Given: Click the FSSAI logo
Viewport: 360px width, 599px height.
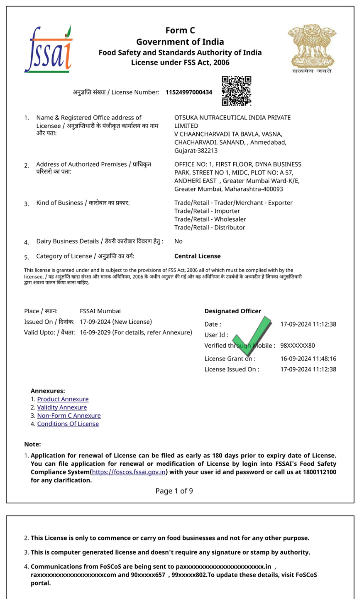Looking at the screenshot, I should tap(48, 49).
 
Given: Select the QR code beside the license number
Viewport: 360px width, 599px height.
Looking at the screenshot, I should tap(236, 91).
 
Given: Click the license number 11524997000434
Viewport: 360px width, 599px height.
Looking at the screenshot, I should tap(189, 92).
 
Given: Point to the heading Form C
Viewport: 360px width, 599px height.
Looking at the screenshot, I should tap(180, 31).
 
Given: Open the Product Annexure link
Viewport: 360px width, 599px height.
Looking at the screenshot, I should tap(63, 399).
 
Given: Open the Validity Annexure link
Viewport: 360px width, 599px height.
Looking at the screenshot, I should tap(62, 408).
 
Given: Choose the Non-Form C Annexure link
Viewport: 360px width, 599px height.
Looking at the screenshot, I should tap(69, 416).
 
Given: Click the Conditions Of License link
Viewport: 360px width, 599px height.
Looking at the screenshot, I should tap(68, 424).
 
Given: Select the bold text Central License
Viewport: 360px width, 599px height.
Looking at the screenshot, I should tap(197, 256).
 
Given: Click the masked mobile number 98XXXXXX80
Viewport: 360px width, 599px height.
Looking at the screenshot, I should tap(298, 346).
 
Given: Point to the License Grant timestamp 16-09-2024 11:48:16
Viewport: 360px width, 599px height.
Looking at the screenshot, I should tap(308, 359).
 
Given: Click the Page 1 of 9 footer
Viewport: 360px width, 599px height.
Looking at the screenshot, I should tap(174, 491).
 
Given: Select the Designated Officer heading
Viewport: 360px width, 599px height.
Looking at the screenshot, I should tap(233, 311).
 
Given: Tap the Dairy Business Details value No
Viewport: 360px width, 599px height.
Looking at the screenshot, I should tap(178, 241).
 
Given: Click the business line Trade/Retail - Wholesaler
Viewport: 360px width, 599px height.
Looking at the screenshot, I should tap(210, 219).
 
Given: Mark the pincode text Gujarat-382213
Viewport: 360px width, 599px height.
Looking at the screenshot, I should tap(196, 150).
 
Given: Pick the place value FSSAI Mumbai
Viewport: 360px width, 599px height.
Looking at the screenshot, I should tap(100, 311).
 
